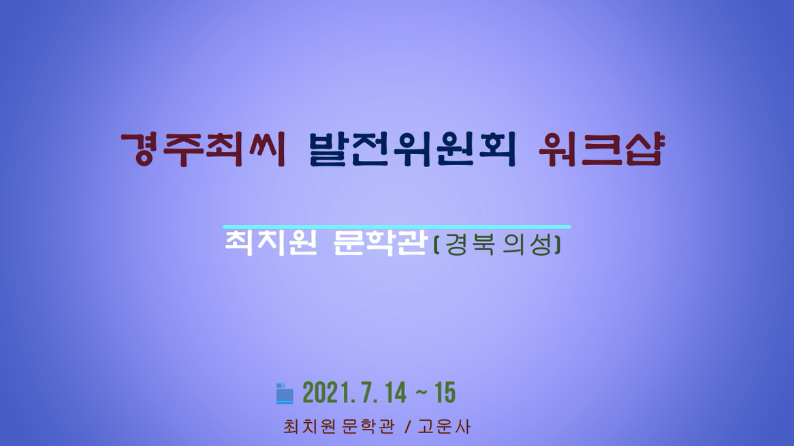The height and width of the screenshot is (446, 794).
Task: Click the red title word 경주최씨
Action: point(204,149)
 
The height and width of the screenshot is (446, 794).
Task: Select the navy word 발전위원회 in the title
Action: point(412,149)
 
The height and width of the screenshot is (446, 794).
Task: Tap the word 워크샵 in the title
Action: point(601,149)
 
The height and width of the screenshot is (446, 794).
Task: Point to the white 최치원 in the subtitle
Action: point(270,243)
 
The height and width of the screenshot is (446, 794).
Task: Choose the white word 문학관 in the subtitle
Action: point(379,243)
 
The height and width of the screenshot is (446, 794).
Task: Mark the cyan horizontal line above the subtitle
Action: point(397,227)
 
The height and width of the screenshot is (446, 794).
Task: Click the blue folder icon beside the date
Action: point(285,393)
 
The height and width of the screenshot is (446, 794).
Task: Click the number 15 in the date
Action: point(445,393)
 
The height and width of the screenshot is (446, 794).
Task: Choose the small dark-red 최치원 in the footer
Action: point(309,427)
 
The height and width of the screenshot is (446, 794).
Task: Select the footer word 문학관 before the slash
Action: point(368,427)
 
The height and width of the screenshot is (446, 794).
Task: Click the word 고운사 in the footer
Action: point(444,427)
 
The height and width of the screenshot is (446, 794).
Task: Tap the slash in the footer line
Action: point(407,427)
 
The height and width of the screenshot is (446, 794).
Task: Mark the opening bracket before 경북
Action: point(437,246)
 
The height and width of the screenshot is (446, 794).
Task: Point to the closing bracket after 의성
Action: point(558,246)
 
